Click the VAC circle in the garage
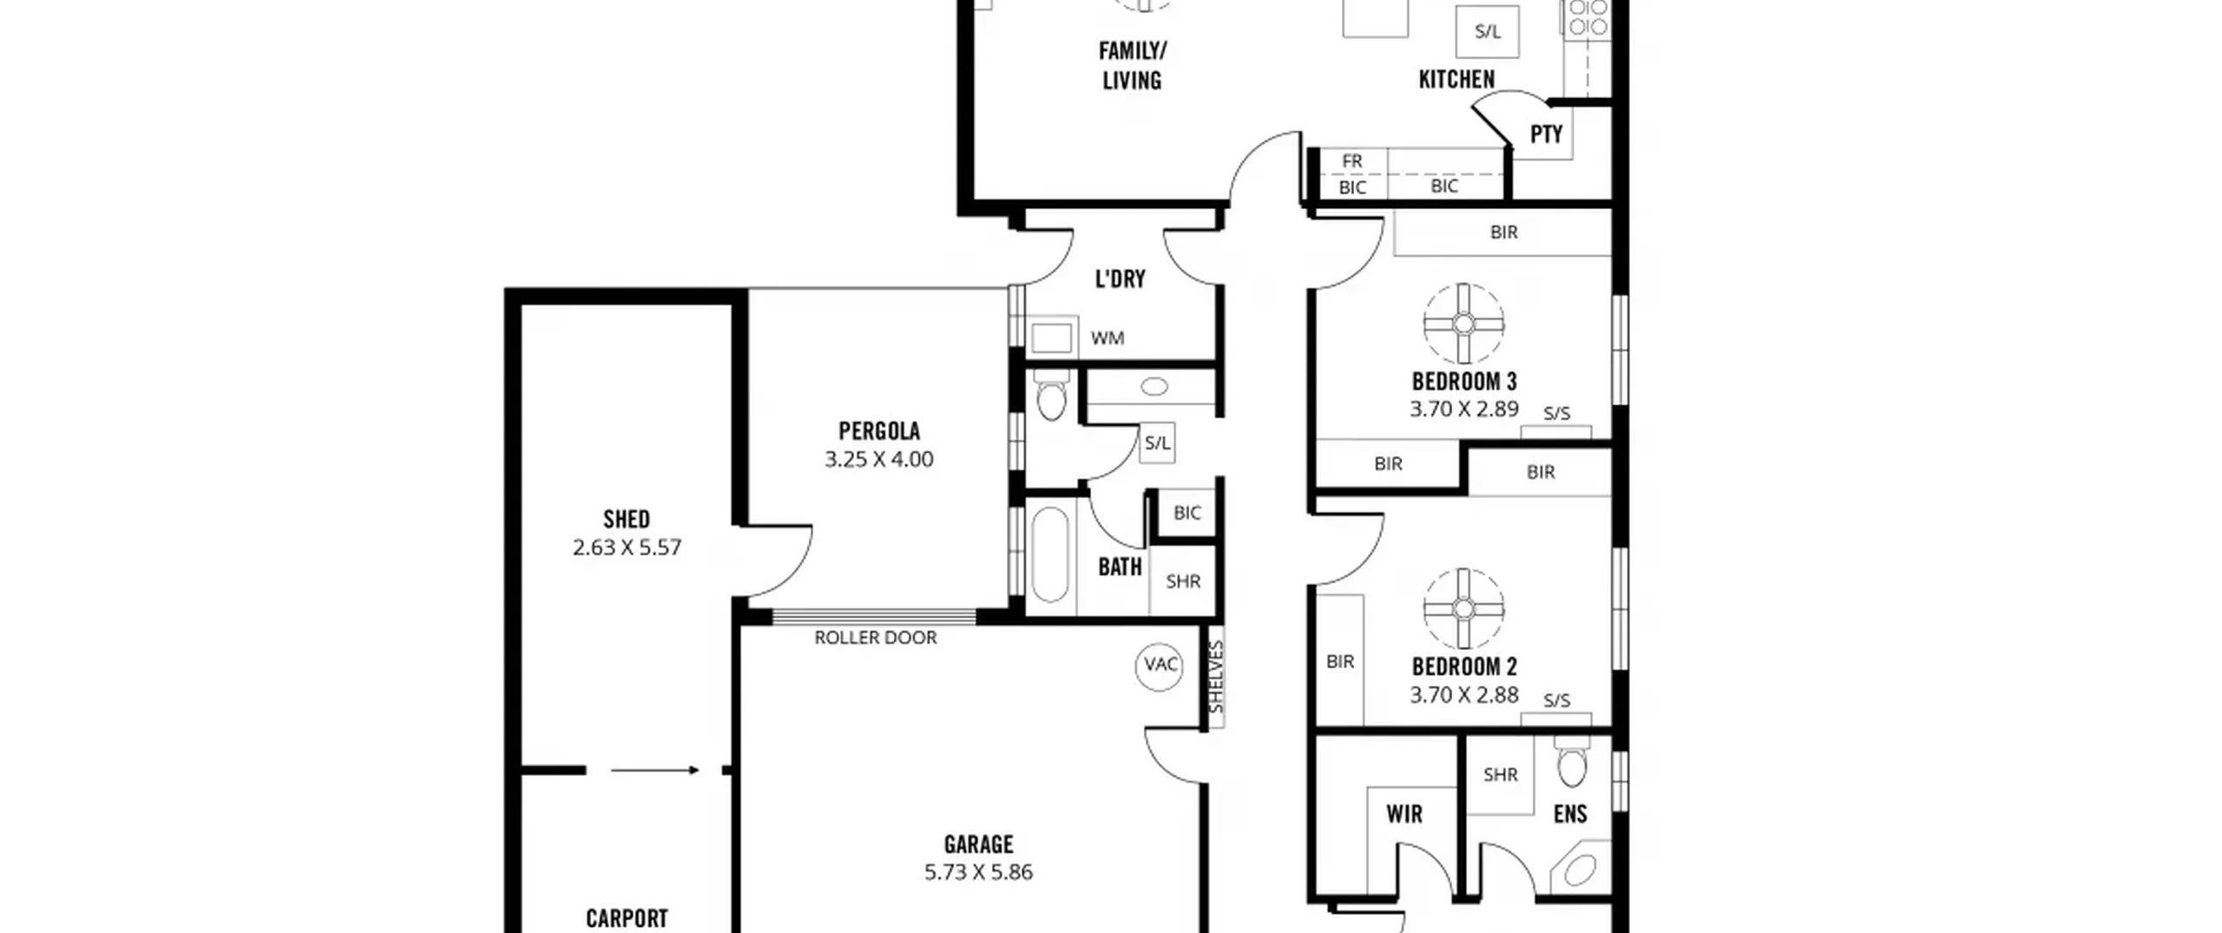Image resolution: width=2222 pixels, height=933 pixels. point(1159,666)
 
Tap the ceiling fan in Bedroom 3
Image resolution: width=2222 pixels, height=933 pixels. point(1463,324)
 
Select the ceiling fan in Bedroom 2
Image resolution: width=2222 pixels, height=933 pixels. point(1463,608)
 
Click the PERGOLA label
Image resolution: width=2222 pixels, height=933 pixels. point(878,430)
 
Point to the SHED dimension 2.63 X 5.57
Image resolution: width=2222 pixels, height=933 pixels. point(627,548)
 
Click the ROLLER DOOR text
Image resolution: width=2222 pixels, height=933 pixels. point(875,638)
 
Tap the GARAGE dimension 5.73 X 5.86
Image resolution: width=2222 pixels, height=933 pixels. point(978,872)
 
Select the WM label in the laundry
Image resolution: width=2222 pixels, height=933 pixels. point(1108,338)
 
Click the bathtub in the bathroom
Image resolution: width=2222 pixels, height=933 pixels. point(1050,555)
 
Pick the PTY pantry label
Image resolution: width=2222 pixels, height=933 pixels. point(1546,135)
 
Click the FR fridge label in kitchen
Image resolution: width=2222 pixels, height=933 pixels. point(1351,161)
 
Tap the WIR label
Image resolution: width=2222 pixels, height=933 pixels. point(1404,814)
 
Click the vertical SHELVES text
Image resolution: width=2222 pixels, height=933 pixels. point(1216,677)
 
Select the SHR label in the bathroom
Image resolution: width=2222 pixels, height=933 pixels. point(1183,581)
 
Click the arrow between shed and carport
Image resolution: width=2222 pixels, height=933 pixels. point(654,770)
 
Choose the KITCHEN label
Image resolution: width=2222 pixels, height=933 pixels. point(1456,80)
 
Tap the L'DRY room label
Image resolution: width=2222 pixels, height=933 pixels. point(1120,279)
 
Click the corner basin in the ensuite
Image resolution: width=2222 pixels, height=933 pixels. point(1579,870)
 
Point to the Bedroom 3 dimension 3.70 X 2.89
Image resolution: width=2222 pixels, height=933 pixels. point(1464,409)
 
